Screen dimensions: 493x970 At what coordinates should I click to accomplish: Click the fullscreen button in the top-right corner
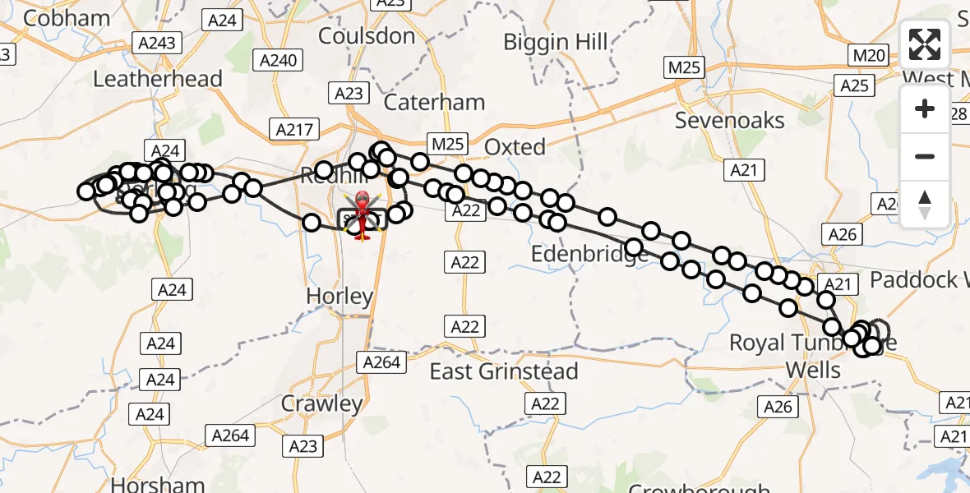point(925,44)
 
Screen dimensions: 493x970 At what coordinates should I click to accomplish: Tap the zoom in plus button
point(925,109)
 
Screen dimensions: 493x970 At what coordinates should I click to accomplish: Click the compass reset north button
point(925,204)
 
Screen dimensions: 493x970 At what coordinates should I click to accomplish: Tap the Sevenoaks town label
point(730,121)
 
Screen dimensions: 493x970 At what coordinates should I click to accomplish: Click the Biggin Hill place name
point(556,42)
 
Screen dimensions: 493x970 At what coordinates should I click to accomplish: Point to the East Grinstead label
point(504,371)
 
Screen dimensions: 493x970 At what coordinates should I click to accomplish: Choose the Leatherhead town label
point(158,79)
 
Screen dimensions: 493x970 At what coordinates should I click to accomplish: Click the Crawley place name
point(321,404)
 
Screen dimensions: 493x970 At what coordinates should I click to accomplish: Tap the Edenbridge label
point(590,255)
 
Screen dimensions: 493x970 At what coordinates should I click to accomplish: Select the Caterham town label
point(435,103)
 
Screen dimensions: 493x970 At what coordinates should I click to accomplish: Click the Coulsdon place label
point(367,36)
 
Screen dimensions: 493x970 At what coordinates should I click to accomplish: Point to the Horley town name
point(339,297)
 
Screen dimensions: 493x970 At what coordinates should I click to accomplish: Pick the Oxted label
point(515,147)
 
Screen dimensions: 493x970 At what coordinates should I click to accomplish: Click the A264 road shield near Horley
point(381,362)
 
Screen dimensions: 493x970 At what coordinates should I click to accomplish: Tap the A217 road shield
point(292,129)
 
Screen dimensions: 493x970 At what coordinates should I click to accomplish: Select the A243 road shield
point(157,43)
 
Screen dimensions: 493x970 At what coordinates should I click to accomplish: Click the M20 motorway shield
point(870,56)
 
